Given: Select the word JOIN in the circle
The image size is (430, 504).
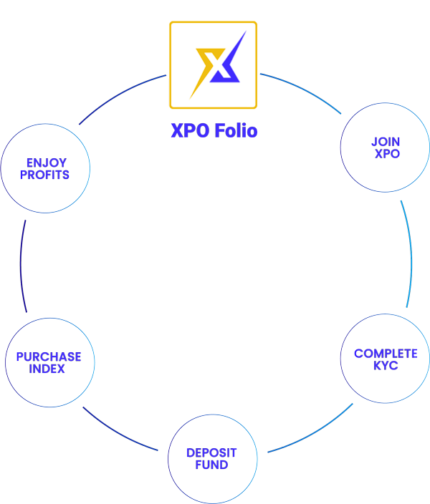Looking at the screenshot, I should pyautogui.click(x=386, y=142).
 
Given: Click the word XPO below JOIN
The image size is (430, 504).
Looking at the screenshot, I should pyautogui.click(x=386, y=154).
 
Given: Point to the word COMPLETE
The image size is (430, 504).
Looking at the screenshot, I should pyautogui.click(x=386, y=354).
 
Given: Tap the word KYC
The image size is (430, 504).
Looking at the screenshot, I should pyautogui.click(x=386, y=365).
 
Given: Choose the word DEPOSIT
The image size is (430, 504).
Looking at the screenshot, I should pyautogui.click(x=211, y=453).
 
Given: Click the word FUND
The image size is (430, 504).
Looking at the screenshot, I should pyautogui.click(x=211, y=465).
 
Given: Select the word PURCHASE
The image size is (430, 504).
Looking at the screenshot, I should pyautogui.click(x=48, y=357).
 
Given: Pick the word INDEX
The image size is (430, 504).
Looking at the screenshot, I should pyautogui.click(x=47, y=368).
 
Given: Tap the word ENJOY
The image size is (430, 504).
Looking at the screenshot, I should pyautogui.click(x=46, y=163).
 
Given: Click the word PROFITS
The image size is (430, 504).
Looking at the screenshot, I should pyautogui.click(x=45, y=175).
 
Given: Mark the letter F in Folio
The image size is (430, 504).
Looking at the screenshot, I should pyautogui.click(x=218, y=131).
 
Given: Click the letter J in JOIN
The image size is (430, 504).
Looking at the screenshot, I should pyautogui.click(x=374, y=142).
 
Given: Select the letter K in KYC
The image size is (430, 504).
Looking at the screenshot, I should pyautogui.click(x=376, y=365).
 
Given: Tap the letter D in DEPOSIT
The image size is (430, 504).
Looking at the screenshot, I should pyautogui.click(x=191, y=453).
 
